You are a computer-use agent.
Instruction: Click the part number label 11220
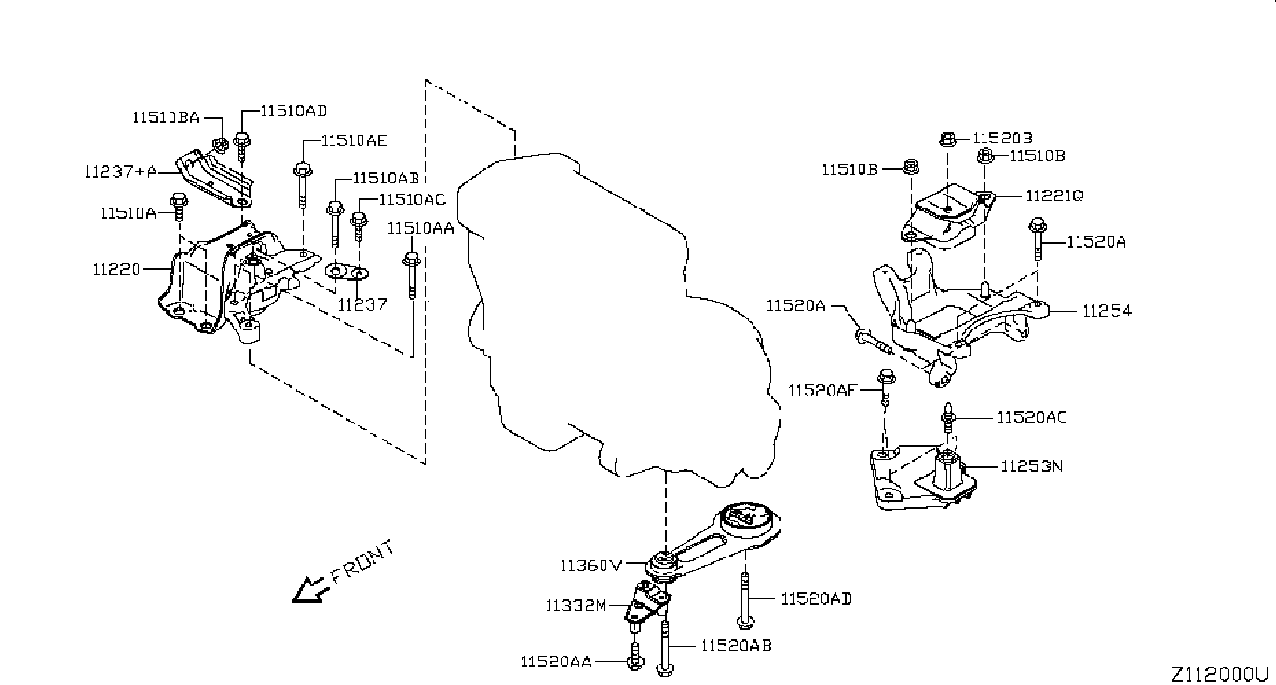[116, 269]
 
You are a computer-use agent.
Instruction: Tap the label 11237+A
[121, 171]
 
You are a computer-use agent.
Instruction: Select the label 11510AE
[354, 141]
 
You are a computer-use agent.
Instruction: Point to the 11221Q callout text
[1055, 195]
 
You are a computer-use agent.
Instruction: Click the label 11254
[1106, 311]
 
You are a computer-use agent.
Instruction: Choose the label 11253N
[1032, 466]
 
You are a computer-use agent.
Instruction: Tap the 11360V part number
[591, 566]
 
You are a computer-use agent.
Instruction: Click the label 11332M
[576, 605]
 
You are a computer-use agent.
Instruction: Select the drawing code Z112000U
[1219, 675]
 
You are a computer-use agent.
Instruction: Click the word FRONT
[363, 562]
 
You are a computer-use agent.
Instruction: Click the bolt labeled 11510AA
[412, 275]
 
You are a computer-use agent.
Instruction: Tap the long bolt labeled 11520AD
[744, 601]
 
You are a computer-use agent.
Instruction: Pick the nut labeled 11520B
[947, 139]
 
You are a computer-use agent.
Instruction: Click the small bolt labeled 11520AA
[634, 656]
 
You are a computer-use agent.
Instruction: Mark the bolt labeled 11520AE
[886, 387]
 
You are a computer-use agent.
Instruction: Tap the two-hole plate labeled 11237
[346, 272]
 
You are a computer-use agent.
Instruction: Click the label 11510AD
[294, 111]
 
